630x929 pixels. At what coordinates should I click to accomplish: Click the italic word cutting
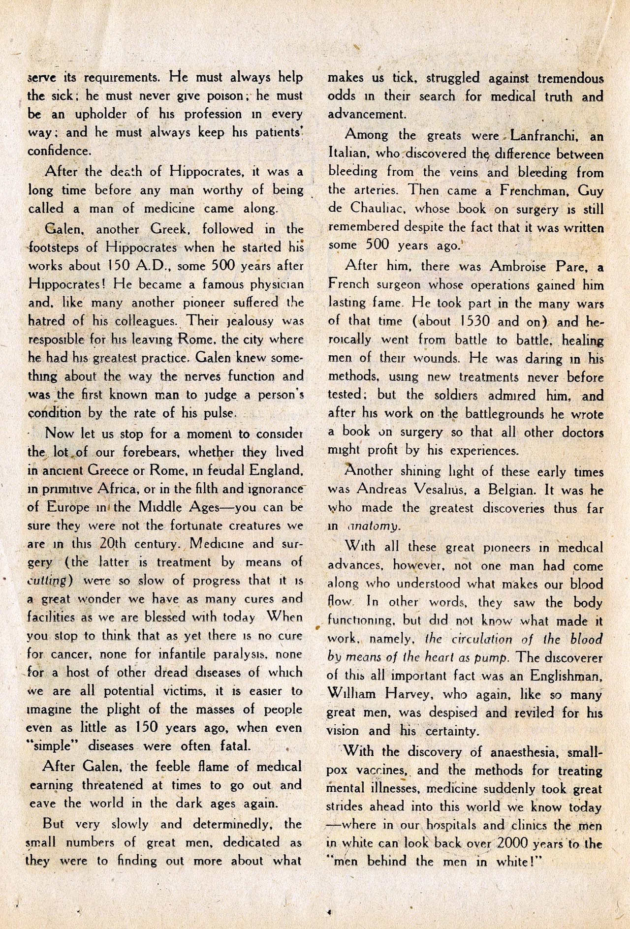click(51, 581)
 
